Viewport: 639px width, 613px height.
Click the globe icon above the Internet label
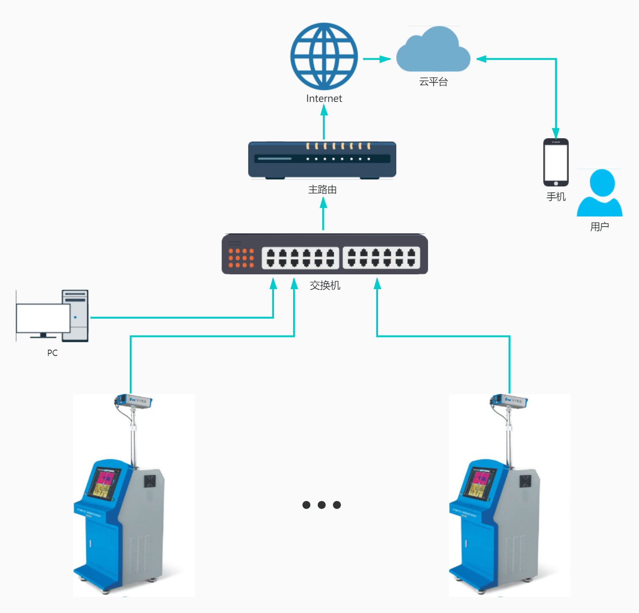324,56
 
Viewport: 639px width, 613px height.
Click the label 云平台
433,82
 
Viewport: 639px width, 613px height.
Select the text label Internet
324,99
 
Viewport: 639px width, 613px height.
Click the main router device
322,160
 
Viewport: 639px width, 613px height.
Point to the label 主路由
322,190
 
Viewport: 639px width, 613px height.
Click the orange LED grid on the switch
241,258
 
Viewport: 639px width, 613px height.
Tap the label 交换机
325,286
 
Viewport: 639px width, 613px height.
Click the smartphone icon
556,162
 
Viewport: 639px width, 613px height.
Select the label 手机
556,197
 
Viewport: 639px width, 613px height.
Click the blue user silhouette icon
600,193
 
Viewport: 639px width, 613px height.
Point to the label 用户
600,227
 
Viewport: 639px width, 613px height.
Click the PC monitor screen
43,318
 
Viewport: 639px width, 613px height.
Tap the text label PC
52,353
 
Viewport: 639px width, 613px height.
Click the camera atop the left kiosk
134,401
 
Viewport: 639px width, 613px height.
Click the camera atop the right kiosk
509,401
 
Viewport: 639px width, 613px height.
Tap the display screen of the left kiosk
104,483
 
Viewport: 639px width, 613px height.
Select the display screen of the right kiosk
479,483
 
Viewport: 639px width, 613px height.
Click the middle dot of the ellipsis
322,505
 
